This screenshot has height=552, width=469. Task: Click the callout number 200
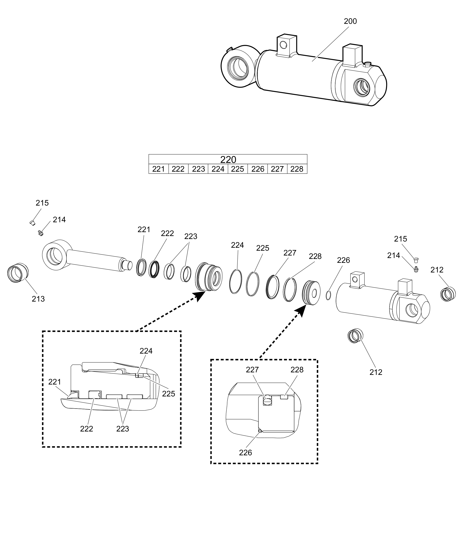click(x=350, y=21)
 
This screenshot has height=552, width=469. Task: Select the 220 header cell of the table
click(x=228, y=159)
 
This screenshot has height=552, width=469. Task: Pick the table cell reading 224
click(x=218, y=169)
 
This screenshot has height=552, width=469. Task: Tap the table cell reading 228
click(x=297, y=169)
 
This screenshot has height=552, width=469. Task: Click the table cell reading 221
click(x=158, y=169)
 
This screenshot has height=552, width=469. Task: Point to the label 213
click(x=38, y=299)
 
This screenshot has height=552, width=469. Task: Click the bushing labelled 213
click(x=18, y=273)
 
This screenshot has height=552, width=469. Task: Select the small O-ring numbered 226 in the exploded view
click(x=328, y=295)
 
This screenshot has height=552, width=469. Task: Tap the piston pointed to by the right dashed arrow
click(x=311, y=293)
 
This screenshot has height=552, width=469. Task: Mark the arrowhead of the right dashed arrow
click(x=302, y=310)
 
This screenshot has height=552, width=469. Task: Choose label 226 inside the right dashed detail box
click(x=245, y=453)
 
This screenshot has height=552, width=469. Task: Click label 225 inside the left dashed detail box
click(x=169, y=394)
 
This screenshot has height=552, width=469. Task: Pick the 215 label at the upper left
click(x=42, y=203)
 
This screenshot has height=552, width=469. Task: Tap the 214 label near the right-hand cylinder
click(x=393, y=255)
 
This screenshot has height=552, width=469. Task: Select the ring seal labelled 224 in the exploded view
click(x=236, y=281)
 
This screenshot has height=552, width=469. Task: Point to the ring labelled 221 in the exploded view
click(x=141, y=267)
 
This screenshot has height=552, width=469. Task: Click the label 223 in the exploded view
click(x=191, y=236)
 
